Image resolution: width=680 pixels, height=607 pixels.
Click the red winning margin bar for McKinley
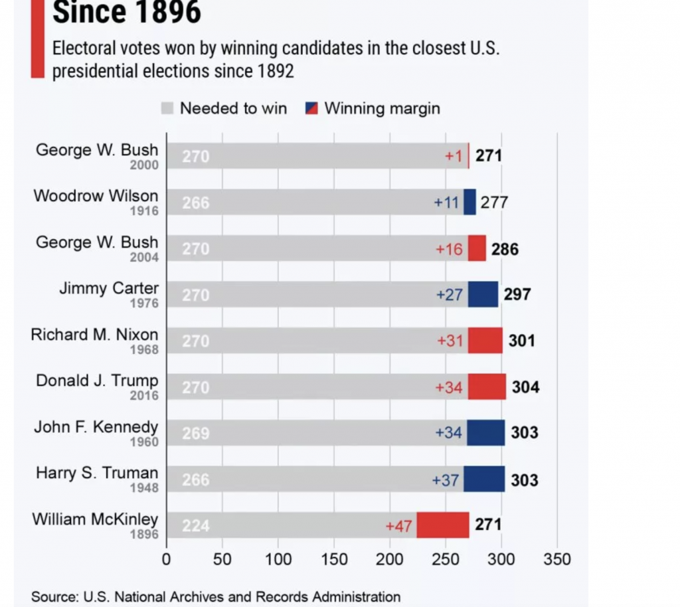point(442,525)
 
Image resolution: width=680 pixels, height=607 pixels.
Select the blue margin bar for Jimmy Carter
point(483,294)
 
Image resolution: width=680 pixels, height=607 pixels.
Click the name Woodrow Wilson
point(96,196)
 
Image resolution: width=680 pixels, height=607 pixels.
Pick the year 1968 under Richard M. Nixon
point(144,350)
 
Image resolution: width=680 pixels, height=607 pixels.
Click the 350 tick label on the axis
point(556,559)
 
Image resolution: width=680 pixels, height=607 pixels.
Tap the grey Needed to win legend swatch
point(167,108)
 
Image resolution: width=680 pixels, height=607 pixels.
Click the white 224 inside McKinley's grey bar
point(196,526)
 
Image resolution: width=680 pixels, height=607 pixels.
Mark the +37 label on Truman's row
point(446,479)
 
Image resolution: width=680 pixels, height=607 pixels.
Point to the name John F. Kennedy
point(96,426)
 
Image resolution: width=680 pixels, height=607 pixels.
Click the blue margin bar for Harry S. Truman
point(484,479)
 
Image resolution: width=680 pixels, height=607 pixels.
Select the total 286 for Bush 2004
point(505,249)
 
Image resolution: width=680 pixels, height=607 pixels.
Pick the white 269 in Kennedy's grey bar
point(196,433)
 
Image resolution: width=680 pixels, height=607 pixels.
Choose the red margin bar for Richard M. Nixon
point(485,341)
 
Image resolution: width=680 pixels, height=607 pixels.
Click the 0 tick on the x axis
point(166,559)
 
